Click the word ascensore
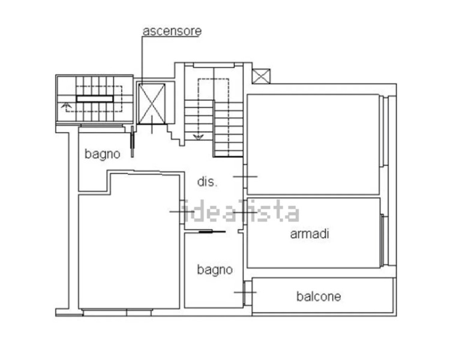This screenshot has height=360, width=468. coord(172,31)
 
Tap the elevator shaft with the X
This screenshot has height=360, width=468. coord(152,104)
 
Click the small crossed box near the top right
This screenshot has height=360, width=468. coord(261,76)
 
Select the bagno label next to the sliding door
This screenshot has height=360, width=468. coord(103,154)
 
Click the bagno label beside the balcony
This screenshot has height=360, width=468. coord(215,270)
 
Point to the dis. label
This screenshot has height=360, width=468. coord(207,181)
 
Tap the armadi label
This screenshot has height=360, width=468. coord(310,234)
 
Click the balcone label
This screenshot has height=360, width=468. coord(319,296)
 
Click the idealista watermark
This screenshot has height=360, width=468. coord(241,211)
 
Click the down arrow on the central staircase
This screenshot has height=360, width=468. coord(198,137)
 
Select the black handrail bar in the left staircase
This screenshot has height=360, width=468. coord(95,99)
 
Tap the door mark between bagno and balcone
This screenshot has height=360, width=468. coord(245,292)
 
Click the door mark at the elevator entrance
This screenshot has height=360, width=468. coord(152,124)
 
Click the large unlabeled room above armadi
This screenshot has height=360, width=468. coord(313,144)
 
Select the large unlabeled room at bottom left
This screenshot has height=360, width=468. coord(129,242)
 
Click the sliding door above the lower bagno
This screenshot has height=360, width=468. coord(212,232)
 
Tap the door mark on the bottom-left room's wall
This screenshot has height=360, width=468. coord(182,212)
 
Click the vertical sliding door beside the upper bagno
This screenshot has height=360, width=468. coord(132,141)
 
